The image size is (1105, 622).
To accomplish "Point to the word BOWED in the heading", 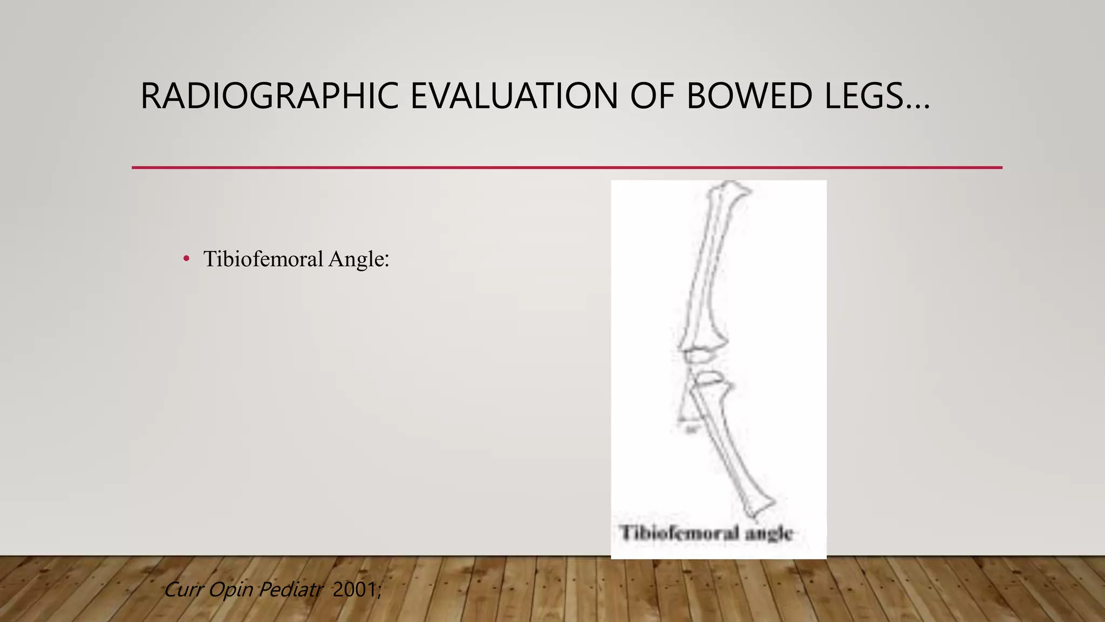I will pyautogui.click(x=749, y=96).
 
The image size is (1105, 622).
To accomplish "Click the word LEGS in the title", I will pyautogui.click(x=863, y=96).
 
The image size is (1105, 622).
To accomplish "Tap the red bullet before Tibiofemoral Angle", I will pyautogui.click(x=186, y=259).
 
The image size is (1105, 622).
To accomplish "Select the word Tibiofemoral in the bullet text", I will pyautogui.click(x=263, y=259).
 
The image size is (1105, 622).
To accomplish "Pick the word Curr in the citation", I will pyautogui.click(x=183, y=590).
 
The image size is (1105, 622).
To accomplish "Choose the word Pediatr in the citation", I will pyautogui.click(x=290, y=590).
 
